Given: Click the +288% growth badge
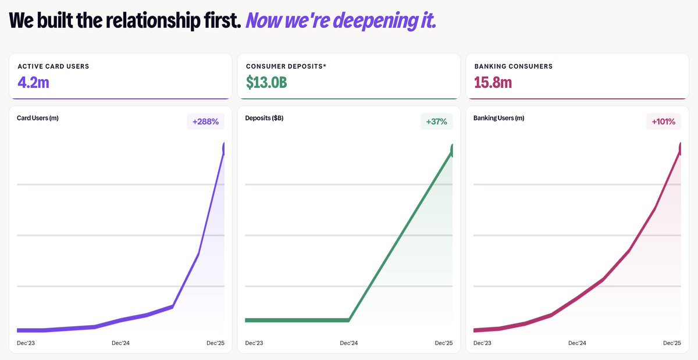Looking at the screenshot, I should coord(205,122).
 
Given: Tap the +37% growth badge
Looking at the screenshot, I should coord(436,122).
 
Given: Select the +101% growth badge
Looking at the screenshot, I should coord(663,122).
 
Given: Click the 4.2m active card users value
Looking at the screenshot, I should coord(33,82).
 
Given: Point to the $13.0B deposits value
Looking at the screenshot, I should coord(266,82).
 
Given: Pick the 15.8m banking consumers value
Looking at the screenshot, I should coord(493,82).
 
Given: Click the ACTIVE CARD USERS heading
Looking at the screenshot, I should coord(54,66).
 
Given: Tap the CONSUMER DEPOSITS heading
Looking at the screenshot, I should coord(286,66).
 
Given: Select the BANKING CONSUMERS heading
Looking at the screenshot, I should coord(513,66).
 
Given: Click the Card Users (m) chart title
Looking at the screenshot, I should coord(38,118).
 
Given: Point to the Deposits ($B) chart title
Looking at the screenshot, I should coord(265,118).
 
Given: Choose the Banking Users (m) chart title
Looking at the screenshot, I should coord(498,118).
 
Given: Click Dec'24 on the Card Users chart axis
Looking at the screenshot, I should coord(120,343).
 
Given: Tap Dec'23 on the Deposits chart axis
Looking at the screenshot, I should coord(254,343).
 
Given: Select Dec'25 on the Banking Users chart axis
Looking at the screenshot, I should coord(672,343).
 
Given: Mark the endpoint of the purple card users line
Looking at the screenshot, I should coord(224,149).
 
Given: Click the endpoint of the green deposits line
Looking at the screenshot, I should coord(452,151).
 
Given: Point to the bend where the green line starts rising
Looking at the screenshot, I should coord(349,319).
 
